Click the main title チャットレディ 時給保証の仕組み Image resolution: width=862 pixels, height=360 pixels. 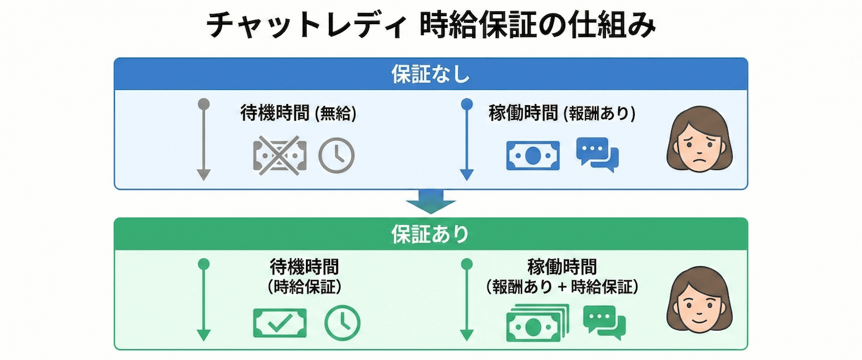(x=430, y=26)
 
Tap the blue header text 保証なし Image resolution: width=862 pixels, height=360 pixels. (x=430, y=74)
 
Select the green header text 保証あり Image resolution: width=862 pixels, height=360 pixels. (x=430, y=234)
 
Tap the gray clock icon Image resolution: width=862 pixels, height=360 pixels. (x=336, y=154)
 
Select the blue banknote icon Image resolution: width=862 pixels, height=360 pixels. (x=533, y=155)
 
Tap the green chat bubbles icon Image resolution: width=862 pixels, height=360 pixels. (x=604, y=322)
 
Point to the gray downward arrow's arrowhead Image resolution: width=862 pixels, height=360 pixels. (x=204, y=174)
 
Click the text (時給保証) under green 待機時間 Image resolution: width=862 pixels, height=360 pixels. (x=304, y=286)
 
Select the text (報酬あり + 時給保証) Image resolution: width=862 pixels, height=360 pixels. (x=562, y=286)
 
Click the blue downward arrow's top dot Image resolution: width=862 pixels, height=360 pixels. (x=467, y=103)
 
